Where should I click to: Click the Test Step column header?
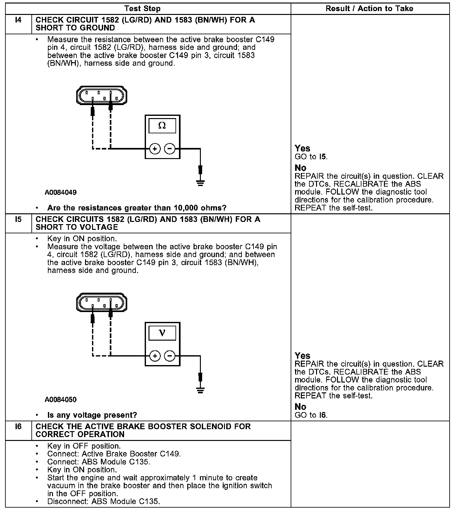tap(142, 9)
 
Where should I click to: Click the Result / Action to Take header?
tap(369, 9)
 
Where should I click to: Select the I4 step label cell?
tap(18, 20)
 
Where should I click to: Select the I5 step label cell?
tap(18, 219)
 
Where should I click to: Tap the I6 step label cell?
tap(18, 426)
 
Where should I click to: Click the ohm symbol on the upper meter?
tap(162, 126)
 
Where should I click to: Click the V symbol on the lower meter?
tap(162, 333)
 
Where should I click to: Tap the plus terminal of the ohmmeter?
tap(155, 149)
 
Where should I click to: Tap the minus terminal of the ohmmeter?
tap(170, 149)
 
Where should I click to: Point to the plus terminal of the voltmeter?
tap(155, 356)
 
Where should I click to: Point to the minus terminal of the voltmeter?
tap(170, 356)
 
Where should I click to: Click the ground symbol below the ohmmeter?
tap(200, 183)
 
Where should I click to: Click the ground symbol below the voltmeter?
tap(200, 390)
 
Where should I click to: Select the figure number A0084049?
tap(61, 192)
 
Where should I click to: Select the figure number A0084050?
tap(61, 399)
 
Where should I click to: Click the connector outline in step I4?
tap(102, 95)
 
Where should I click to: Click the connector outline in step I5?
tap(102, 303)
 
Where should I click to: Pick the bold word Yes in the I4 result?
tap(302, 148)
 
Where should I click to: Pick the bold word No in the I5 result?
tap(300, 407)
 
